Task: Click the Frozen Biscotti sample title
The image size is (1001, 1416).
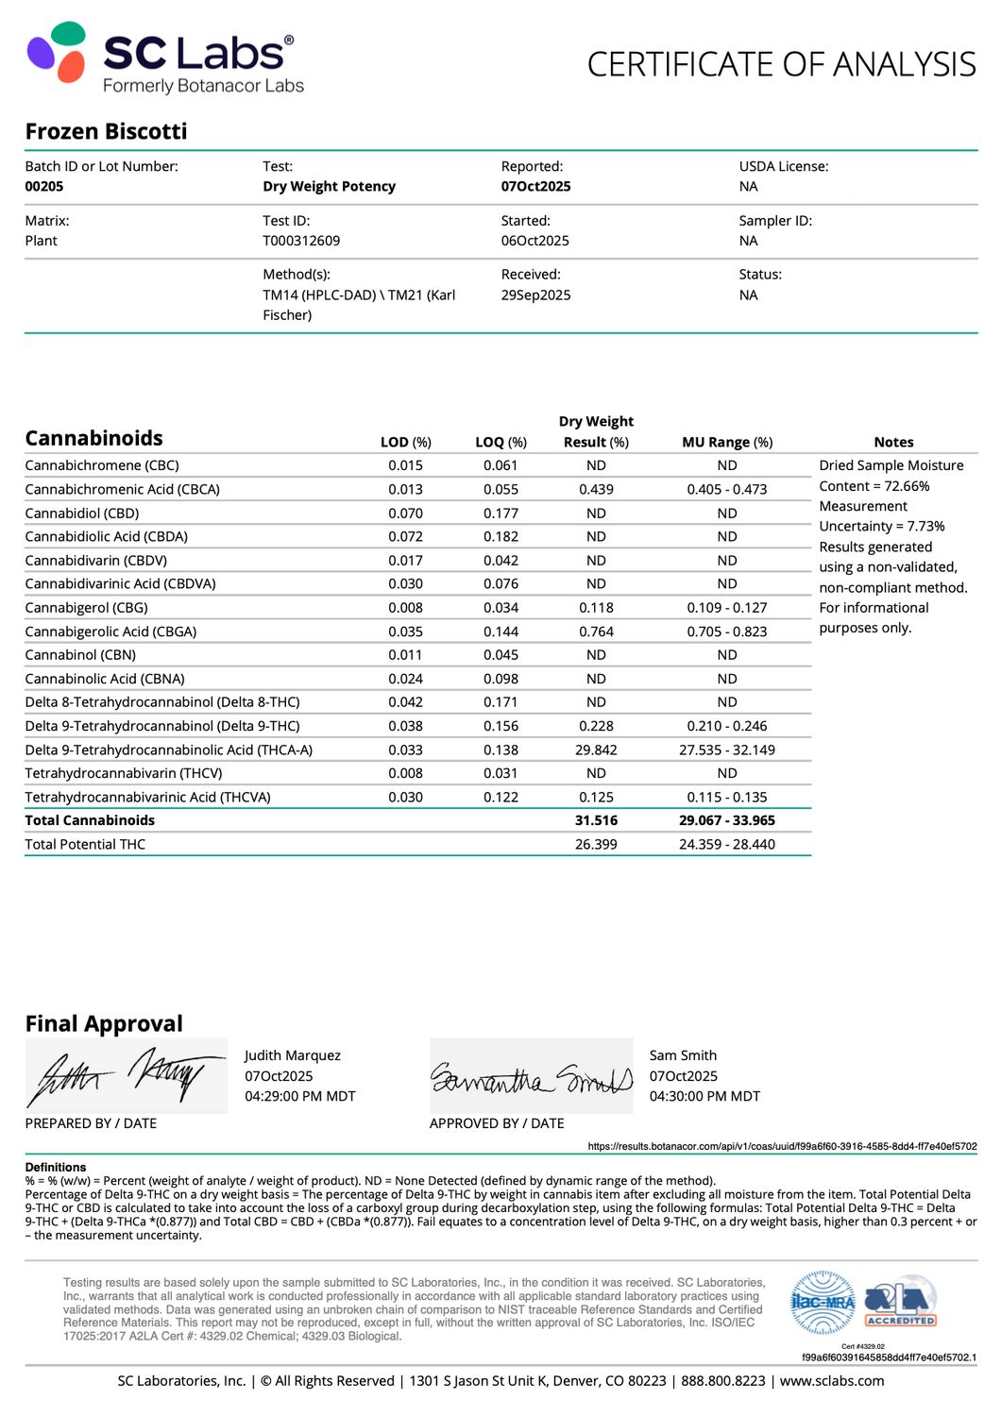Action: (x=106, y=131)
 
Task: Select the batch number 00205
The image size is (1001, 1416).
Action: (x=44, y=186)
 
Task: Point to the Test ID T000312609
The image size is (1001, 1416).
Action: (x=301, y=241)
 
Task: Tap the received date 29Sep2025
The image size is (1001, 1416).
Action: (x=535, y=295)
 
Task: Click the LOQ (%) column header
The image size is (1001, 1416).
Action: (x=500, y=442)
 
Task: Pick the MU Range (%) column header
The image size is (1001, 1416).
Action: (x=727, y=442)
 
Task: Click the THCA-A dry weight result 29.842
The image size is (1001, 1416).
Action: (x=596, y=750)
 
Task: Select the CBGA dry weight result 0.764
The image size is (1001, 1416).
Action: (x=596, y=632)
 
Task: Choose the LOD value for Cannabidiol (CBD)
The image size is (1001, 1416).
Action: (x=405, y=514)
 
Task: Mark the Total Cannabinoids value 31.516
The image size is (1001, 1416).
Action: (x=596, y=820)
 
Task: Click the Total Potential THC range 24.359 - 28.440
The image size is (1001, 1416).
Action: (x=727, y=844)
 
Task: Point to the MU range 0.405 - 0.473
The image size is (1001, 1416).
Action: (x=727, y=489)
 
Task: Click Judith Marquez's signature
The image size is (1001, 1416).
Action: (x=126, y=1076)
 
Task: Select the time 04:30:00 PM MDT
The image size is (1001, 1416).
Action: (x=704, y=1096)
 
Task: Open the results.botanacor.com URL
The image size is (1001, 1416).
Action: (x=782, y=1146)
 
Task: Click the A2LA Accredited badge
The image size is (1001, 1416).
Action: (x=901, y=1304)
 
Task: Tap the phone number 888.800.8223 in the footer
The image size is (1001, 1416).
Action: (x=723, y=1380)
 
